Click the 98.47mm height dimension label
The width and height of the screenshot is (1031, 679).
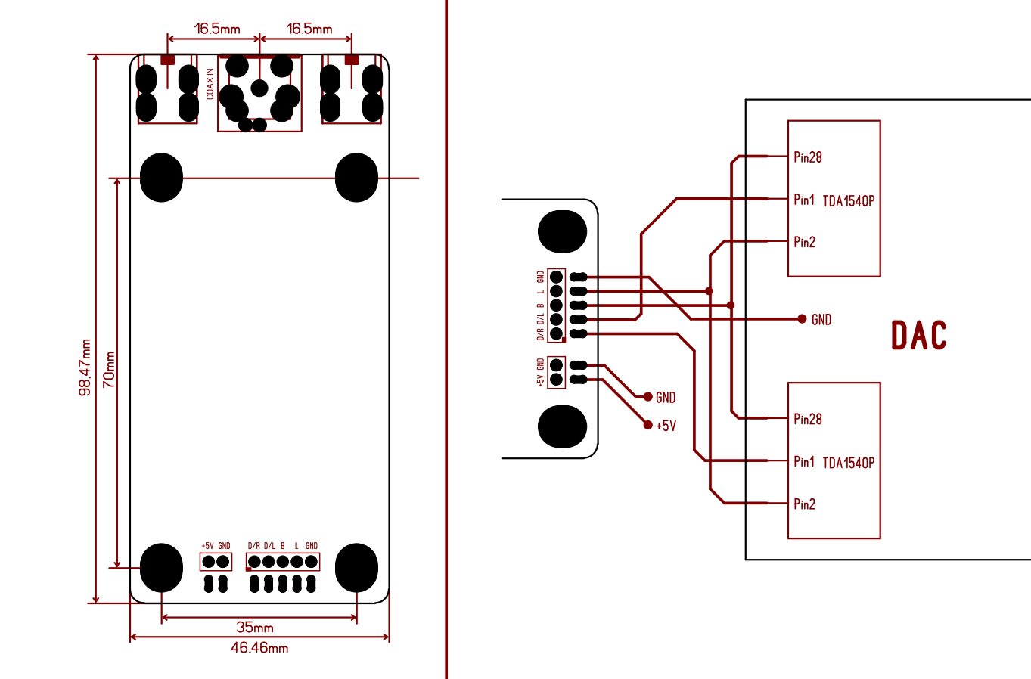85,367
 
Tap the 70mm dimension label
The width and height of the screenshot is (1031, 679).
109,370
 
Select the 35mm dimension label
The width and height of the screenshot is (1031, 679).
255,627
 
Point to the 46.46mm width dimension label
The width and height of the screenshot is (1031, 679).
259,648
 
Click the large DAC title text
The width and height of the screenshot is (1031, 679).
919,335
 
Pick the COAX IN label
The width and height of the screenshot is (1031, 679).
210,84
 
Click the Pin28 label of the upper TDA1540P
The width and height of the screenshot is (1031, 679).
808,157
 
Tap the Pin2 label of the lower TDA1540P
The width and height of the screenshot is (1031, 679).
805,504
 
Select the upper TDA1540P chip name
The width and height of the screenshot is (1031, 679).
848,201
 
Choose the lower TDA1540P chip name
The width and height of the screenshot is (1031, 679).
848,463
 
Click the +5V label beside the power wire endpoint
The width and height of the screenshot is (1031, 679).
666,426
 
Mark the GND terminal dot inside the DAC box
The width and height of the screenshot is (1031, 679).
802,319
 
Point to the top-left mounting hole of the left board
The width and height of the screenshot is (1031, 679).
161,178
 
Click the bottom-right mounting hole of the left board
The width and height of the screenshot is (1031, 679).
357,568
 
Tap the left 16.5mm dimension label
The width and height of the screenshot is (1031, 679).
217,29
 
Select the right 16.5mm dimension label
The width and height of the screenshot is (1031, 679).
309,29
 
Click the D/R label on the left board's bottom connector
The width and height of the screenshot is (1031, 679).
253,546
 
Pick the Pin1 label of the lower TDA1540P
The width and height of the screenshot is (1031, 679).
804,461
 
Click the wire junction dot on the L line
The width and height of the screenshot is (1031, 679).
709,291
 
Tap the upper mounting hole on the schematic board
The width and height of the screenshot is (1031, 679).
562,231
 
